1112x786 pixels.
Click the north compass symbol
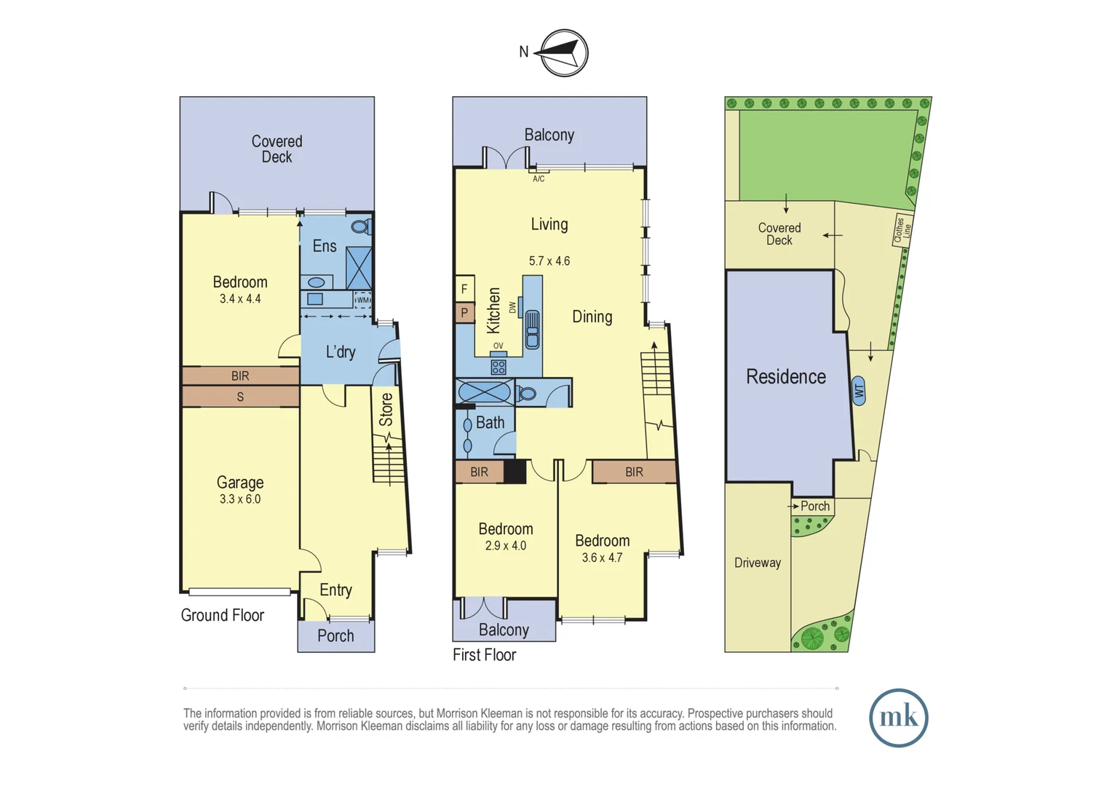564,52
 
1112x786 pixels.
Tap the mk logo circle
898,718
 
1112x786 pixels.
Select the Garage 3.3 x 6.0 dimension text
240,499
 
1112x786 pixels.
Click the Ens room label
325,246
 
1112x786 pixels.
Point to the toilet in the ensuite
360,227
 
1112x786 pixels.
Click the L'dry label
340,352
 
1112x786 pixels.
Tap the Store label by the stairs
386,409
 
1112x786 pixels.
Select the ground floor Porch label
335,636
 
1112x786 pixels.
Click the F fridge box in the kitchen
464,289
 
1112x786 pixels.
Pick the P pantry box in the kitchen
464,313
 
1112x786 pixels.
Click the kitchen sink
532,330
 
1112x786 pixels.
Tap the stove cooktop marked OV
499,366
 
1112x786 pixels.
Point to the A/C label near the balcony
539,179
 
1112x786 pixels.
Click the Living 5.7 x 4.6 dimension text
549,261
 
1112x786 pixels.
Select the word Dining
592,317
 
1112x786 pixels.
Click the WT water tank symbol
859,391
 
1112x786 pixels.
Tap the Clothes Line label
902,230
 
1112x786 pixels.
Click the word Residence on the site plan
786,377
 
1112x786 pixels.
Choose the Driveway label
758,563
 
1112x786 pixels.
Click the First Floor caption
484,655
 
